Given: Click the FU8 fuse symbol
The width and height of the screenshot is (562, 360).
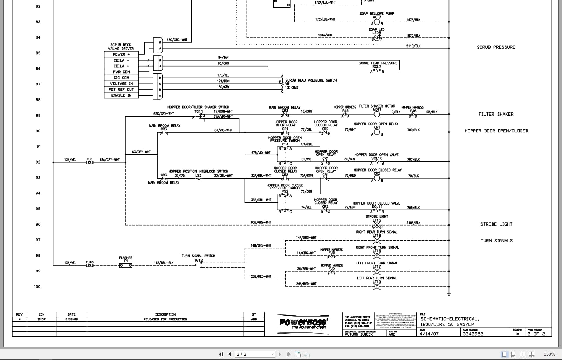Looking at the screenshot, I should click(90, 162).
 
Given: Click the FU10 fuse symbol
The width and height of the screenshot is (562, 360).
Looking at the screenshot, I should click(90, 265).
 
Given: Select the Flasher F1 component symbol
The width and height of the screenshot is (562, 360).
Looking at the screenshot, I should click(126, 265).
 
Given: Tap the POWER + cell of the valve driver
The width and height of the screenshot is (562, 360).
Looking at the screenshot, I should click(121, 54).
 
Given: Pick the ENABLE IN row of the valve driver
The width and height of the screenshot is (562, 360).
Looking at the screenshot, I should click(121, 95).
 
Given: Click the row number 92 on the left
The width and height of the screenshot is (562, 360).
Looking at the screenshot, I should click(38, 162).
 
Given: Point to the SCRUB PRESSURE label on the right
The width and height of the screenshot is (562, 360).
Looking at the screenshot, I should click(496, 47).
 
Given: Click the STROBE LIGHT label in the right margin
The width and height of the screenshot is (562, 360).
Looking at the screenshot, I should click(496, 224).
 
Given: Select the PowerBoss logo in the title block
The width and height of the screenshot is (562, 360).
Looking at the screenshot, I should click(303, 322).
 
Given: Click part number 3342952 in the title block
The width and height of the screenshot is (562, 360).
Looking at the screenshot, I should click(473, 334).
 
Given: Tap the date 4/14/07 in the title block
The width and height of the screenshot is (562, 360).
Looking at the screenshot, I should click(429, 334).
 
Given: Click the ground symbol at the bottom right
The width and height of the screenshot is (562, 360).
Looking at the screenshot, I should click(449, 295).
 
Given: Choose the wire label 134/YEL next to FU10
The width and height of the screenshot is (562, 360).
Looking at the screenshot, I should click(70, 263).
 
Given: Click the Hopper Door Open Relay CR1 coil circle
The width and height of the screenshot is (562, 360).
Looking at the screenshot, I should click(377, 132).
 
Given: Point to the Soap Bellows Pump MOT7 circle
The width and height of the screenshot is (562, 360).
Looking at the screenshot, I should click(377, 22).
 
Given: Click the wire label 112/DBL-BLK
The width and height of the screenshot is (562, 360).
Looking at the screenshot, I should click(164, 263).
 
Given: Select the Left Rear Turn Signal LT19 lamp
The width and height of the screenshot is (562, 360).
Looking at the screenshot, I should click(377, 286).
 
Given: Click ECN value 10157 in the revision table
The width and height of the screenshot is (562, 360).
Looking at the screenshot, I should click(41, 319).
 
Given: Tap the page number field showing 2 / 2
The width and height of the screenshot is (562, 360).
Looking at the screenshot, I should click(255, 354).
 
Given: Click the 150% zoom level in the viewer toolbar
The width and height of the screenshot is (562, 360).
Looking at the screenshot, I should click(549, 354).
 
